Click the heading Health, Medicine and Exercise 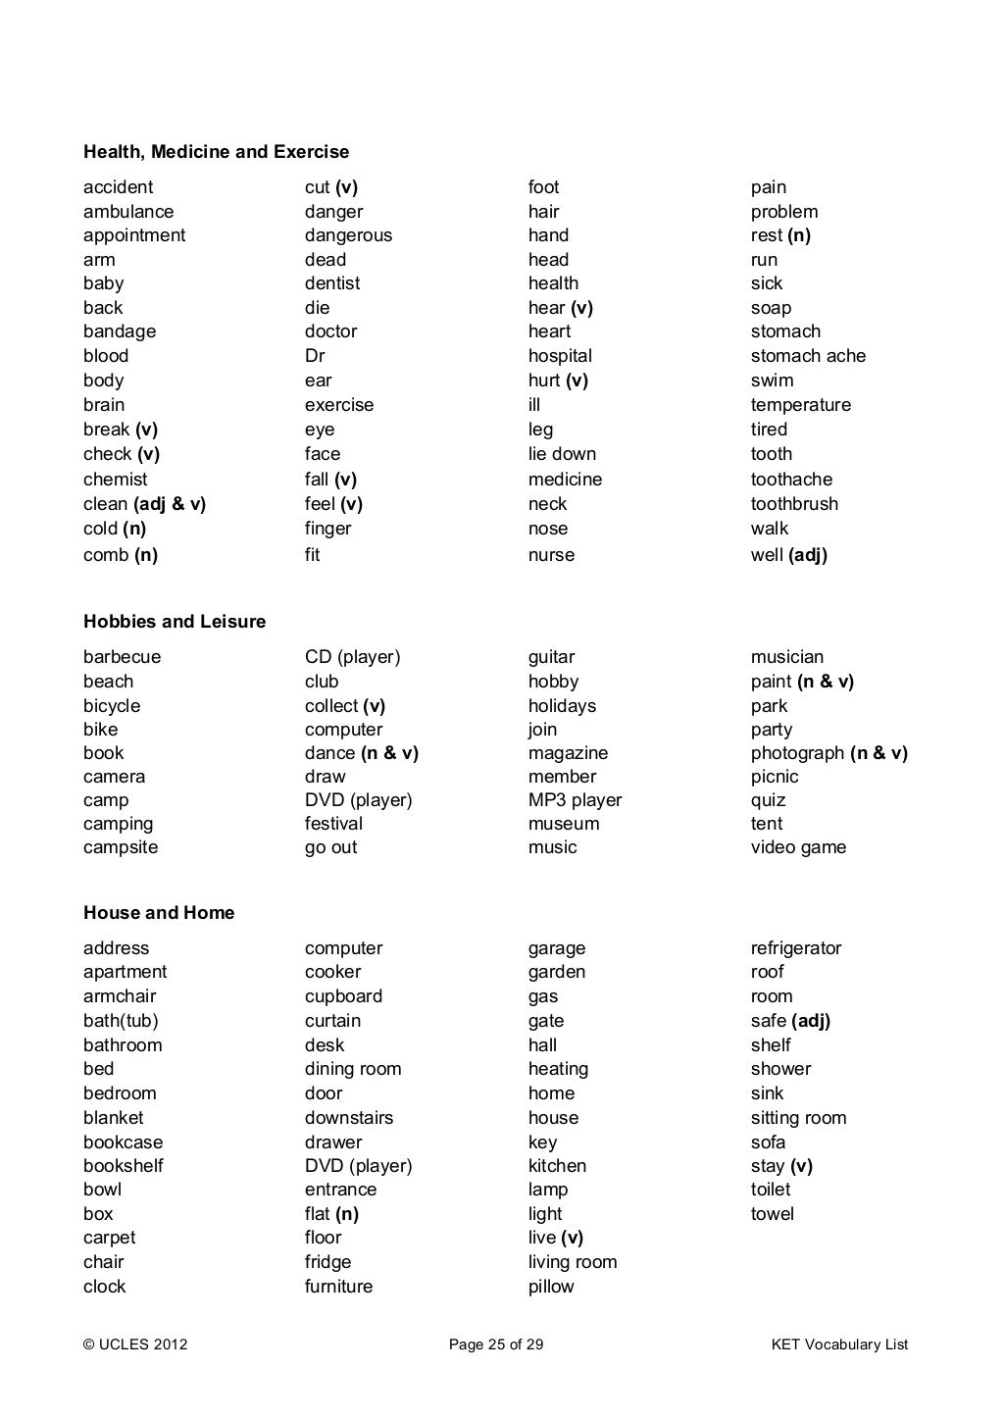(216, 152)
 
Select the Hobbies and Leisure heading (175, 622)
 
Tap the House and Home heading (159, 913)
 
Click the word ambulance (128, 212)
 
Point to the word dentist (332, 283)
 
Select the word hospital (560, 356)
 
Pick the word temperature (801, 405)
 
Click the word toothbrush (794, 504)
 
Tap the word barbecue (122, 657)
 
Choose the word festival (333, 824)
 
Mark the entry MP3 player (575, 800)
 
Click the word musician (787, 657)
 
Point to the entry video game (798, 847)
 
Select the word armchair (120, 996)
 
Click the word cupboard (343, 996)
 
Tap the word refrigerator (796, 948)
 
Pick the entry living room (573, 1262)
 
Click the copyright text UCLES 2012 (135, 1345)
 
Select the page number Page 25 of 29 (496, 1345)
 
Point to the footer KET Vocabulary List (840, 1345)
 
